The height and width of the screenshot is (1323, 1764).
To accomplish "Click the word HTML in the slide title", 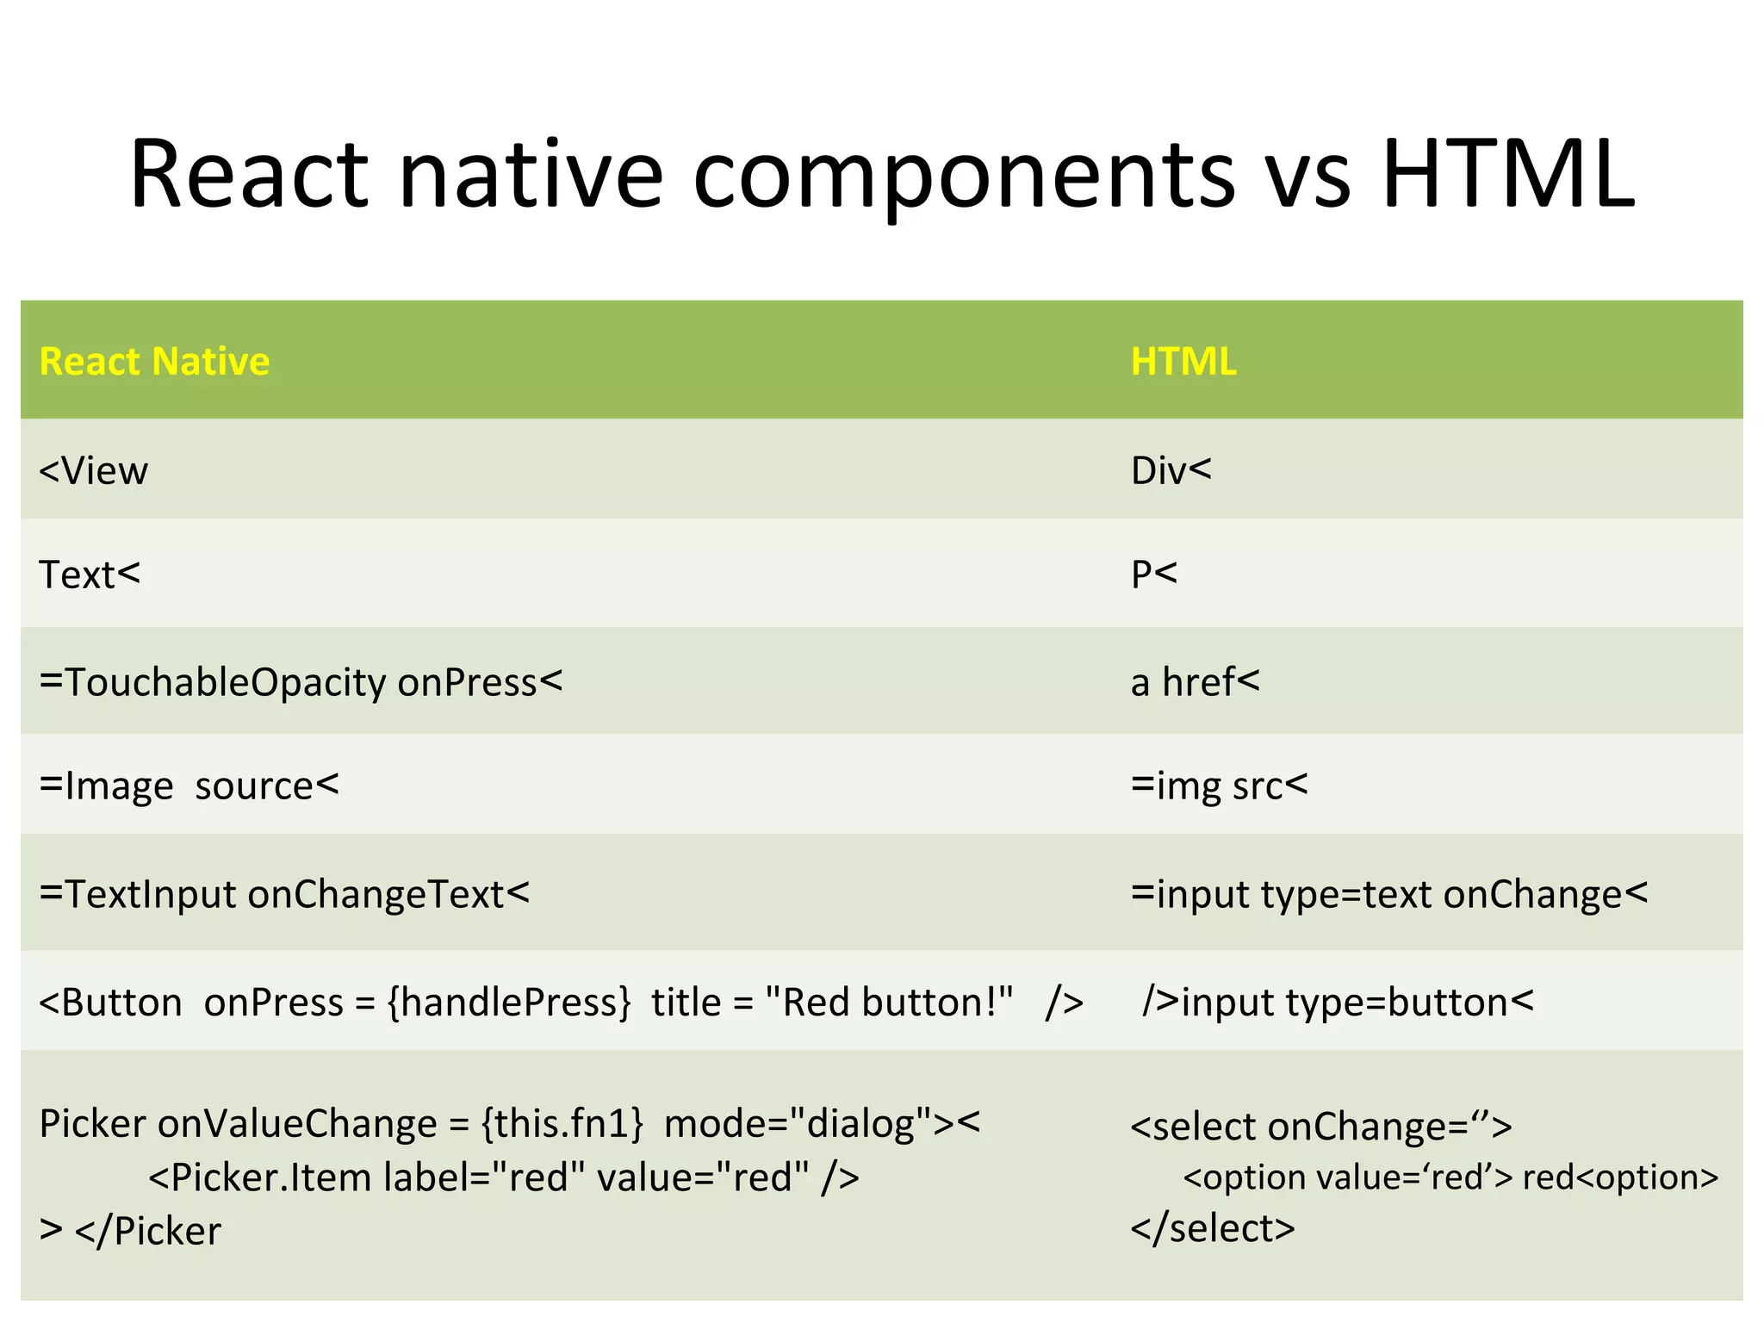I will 1507,175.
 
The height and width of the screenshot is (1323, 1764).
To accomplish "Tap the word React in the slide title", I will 250,175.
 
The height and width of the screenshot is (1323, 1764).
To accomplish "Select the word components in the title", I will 964,175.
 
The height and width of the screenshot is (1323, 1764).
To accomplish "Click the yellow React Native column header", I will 155,361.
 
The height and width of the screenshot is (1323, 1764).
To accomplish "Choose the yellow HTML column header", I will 1183,361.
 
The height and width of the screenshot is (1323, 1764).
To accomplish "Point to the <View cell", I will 94,471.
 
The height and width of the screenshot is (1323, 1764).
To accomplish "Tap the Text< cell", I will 90,575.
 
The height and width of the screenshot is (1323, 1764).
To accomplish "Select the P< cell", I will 1154,575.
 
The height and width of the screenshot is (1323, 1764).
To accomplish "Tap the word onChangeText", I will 376,894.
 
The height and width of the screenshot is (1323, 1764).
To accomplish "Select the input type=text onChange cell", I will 1389,894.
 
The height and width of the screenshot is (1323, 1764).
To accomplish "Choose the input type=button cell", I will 1338,1003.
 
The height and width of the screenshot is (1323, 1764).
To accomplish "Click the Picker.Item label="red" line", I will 504,1177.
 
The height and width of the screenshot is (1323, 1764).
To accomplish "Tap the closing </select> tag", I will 1213,1228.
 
